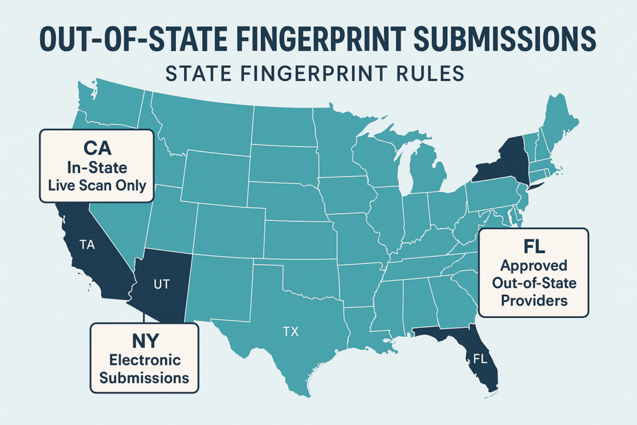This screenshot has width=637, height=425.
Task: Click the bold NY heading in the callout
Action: [144, 342]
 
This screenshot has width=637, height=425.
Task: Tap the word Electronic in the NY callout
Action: [144, 360]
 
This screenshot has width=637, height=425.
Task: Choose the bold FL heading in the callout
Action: [533, 246]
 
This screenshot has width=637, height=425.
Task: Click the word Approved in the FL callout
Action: [533, 266]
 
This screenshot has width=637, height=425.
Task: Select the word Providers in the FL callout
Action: [533, 301]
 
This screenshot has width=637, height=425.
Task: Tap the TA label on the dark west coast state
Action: [88, 245]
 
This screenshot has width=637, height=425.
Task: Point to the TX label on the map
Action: [291, 332]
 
